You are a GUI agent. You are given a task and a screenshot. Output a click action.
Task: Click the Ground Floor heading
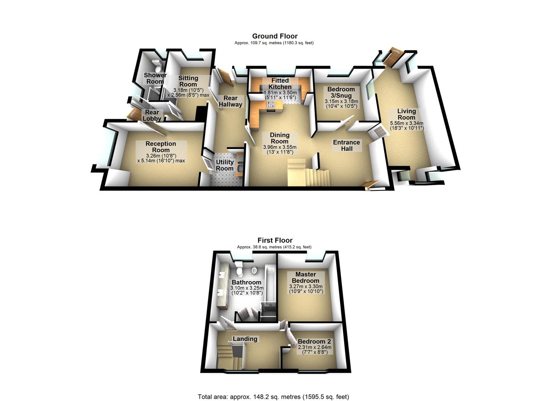pyautogui.click(x=275, y=36)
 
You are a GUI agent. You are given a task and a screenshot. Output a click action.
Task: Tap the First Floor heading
pyautogui.click(x=275, y=240)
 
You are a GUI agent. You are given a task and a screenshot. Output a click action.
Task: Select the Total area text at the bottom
pyautogui.click(x=273, y=397)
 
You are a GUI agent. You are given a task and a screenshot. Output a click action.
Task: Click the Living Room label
pyautogui.click(x=406, y=114)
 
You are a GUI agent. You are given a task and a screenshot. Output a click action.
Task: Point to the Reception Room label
pyautogui.click(x=161, y=147)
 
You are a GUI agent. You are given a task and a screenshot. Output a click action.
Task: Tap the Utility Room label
pyautogui.click(x=224, y=165)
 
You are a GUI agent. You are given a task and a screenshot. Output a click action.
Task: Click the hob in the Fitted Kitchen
pyautogui.click(x=271, y=104)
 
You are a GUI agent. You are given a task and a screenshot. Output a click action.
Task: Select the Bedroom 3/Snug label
pyautogui.click(x=341, y=92)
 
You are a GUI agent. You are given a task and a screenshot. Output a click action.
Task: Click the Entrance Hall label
pyautogui.click(x=346, y=145)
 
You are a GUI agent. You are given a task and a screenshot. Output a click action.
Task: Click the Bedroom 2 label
pyautogui.click(x=314, y=341)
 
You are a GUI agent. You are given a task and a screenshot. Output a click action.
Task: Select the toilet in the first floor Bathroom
pyautogui.click(x=239, y=266)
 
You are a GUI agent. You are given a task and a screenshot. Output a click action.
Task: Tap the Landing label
pyautogui.click(x=245, y=339)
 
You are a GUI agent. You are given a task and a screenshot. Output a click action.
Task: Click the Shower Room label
pyautogui.click(x=155, y=78)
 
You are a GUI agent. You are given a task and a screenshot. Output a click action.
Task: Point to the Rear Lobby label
pyautogui.click(x=152, y=115)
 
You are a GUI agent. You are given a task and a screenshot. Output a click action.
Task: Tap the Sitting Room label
pyautogui.click(x=188, y=81)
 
